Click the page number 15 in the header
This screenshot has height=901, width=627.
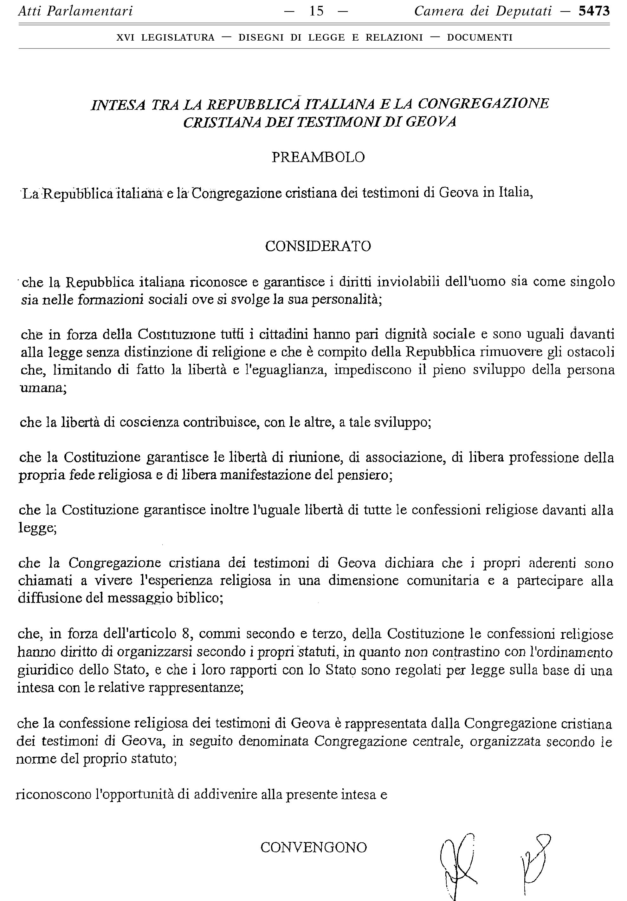click(316, 11)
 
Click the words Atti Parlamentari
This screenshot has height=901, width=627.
click(75, 11)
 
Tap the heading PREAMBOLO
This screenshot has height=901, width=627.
click(318, 157)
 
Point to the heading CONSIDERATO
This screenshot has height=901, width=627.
click(318, 247)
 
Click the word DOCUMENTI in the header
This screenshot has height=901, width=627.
click(480, 38)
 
